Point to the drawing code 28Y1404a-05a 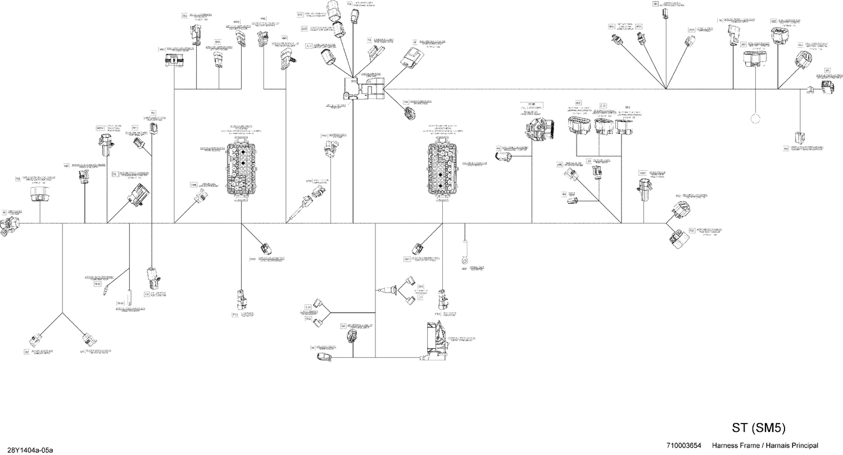[27, 450]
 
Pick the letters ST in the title [740, 429]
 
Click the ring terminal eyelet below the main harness [464, 259]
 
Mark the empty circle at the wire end [755, 119]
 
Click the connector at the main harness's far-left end [8, 227]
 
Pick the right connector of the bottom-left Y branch [87, 340]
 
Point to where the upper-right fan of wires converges [665, 89]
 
